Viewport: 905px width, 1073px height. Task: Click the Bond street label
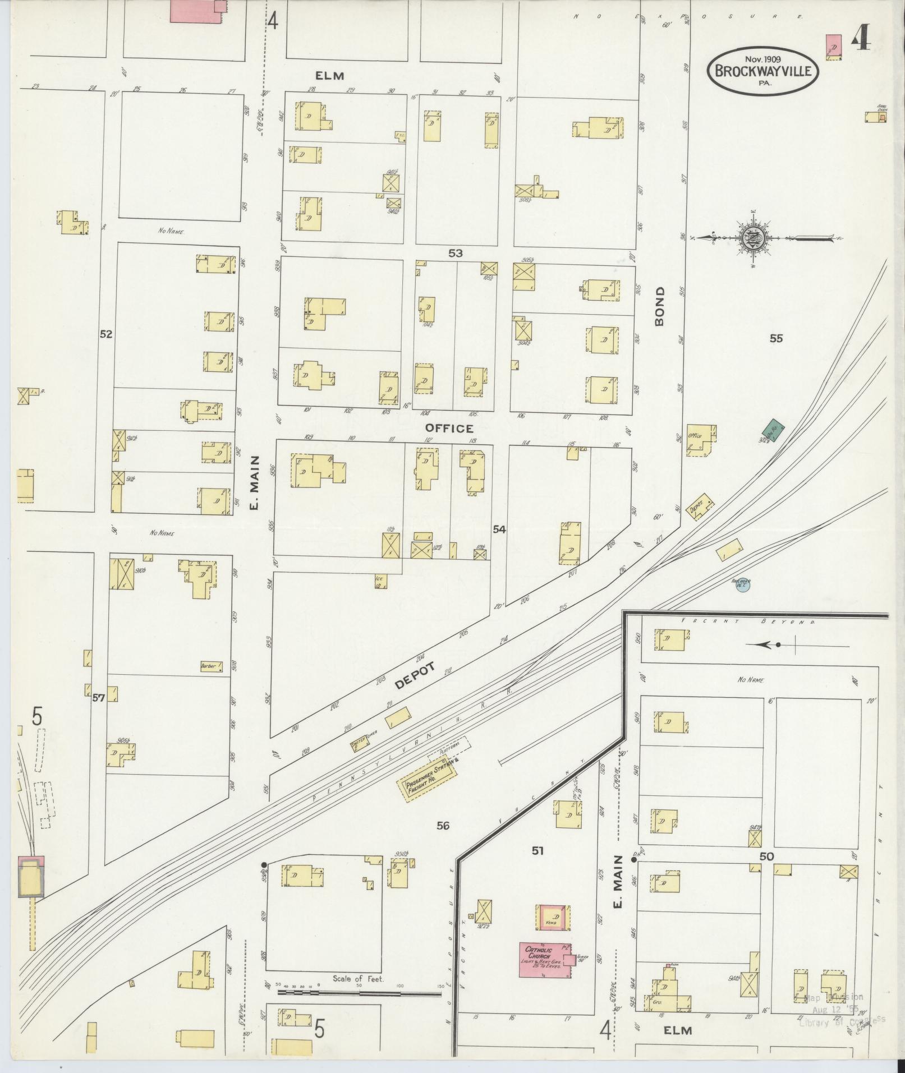coord(659,306)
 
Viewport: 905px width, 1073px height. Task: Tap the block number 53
coord(455,254)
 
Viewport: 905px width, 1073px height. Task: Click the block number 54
coord(499,529)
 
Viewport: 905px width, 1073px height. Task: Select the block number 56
coord(443,825)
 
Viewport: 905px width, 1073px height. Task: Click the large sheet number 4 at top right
coord(860,38)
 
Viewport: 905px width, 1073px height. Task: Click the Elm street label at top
coord(329,76)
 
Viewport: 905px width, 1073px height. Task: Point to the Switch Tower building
coord(360,744)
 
